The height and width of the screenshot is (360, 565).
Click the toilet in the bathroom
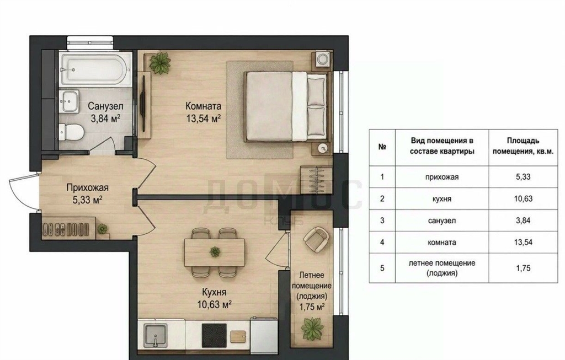click(x=71, y=132)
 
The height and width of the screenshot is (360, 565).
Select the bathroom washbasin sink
click(x=69, y=101)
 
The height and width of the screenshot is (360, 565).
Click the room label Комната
click(x=203, y=106)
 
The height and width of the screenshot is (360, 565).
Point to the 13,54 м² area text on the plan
click(x=203, y=118)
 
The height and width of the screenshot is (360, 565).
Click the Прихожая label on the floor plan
click(x=87, y=187)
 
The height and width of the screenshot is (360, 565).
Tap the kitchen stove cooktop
click(x=214, y=335)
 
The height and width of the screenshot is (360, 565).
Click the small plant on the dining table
click(x=215, y=251)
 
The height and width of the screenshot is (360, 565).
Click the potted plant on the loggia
click(x=312, y=329)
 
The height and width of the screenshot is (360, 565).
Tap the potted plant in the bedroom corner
click(x=159, y=63)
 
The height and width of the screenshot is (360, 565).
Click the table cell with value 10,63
click(x=523, y=198)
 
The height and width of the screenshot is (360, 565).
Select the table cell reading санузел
click(x=442, y=221)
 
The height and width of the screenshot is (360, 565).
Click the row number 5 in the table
click(x=382, y=268)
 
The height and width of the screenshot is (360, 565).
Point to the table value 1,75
click(x=523, y=268)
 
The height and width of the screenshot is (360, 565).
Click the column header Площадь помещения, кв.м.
click(x=523, y=146)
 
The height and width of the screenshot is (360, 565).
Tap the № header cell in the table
click(x=382, y=147)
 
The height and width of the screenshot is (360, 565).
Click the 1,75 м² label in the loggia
click(x=312, y=307)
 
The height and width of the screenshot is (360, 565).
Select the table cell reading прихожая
click(x=442, y=177)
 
